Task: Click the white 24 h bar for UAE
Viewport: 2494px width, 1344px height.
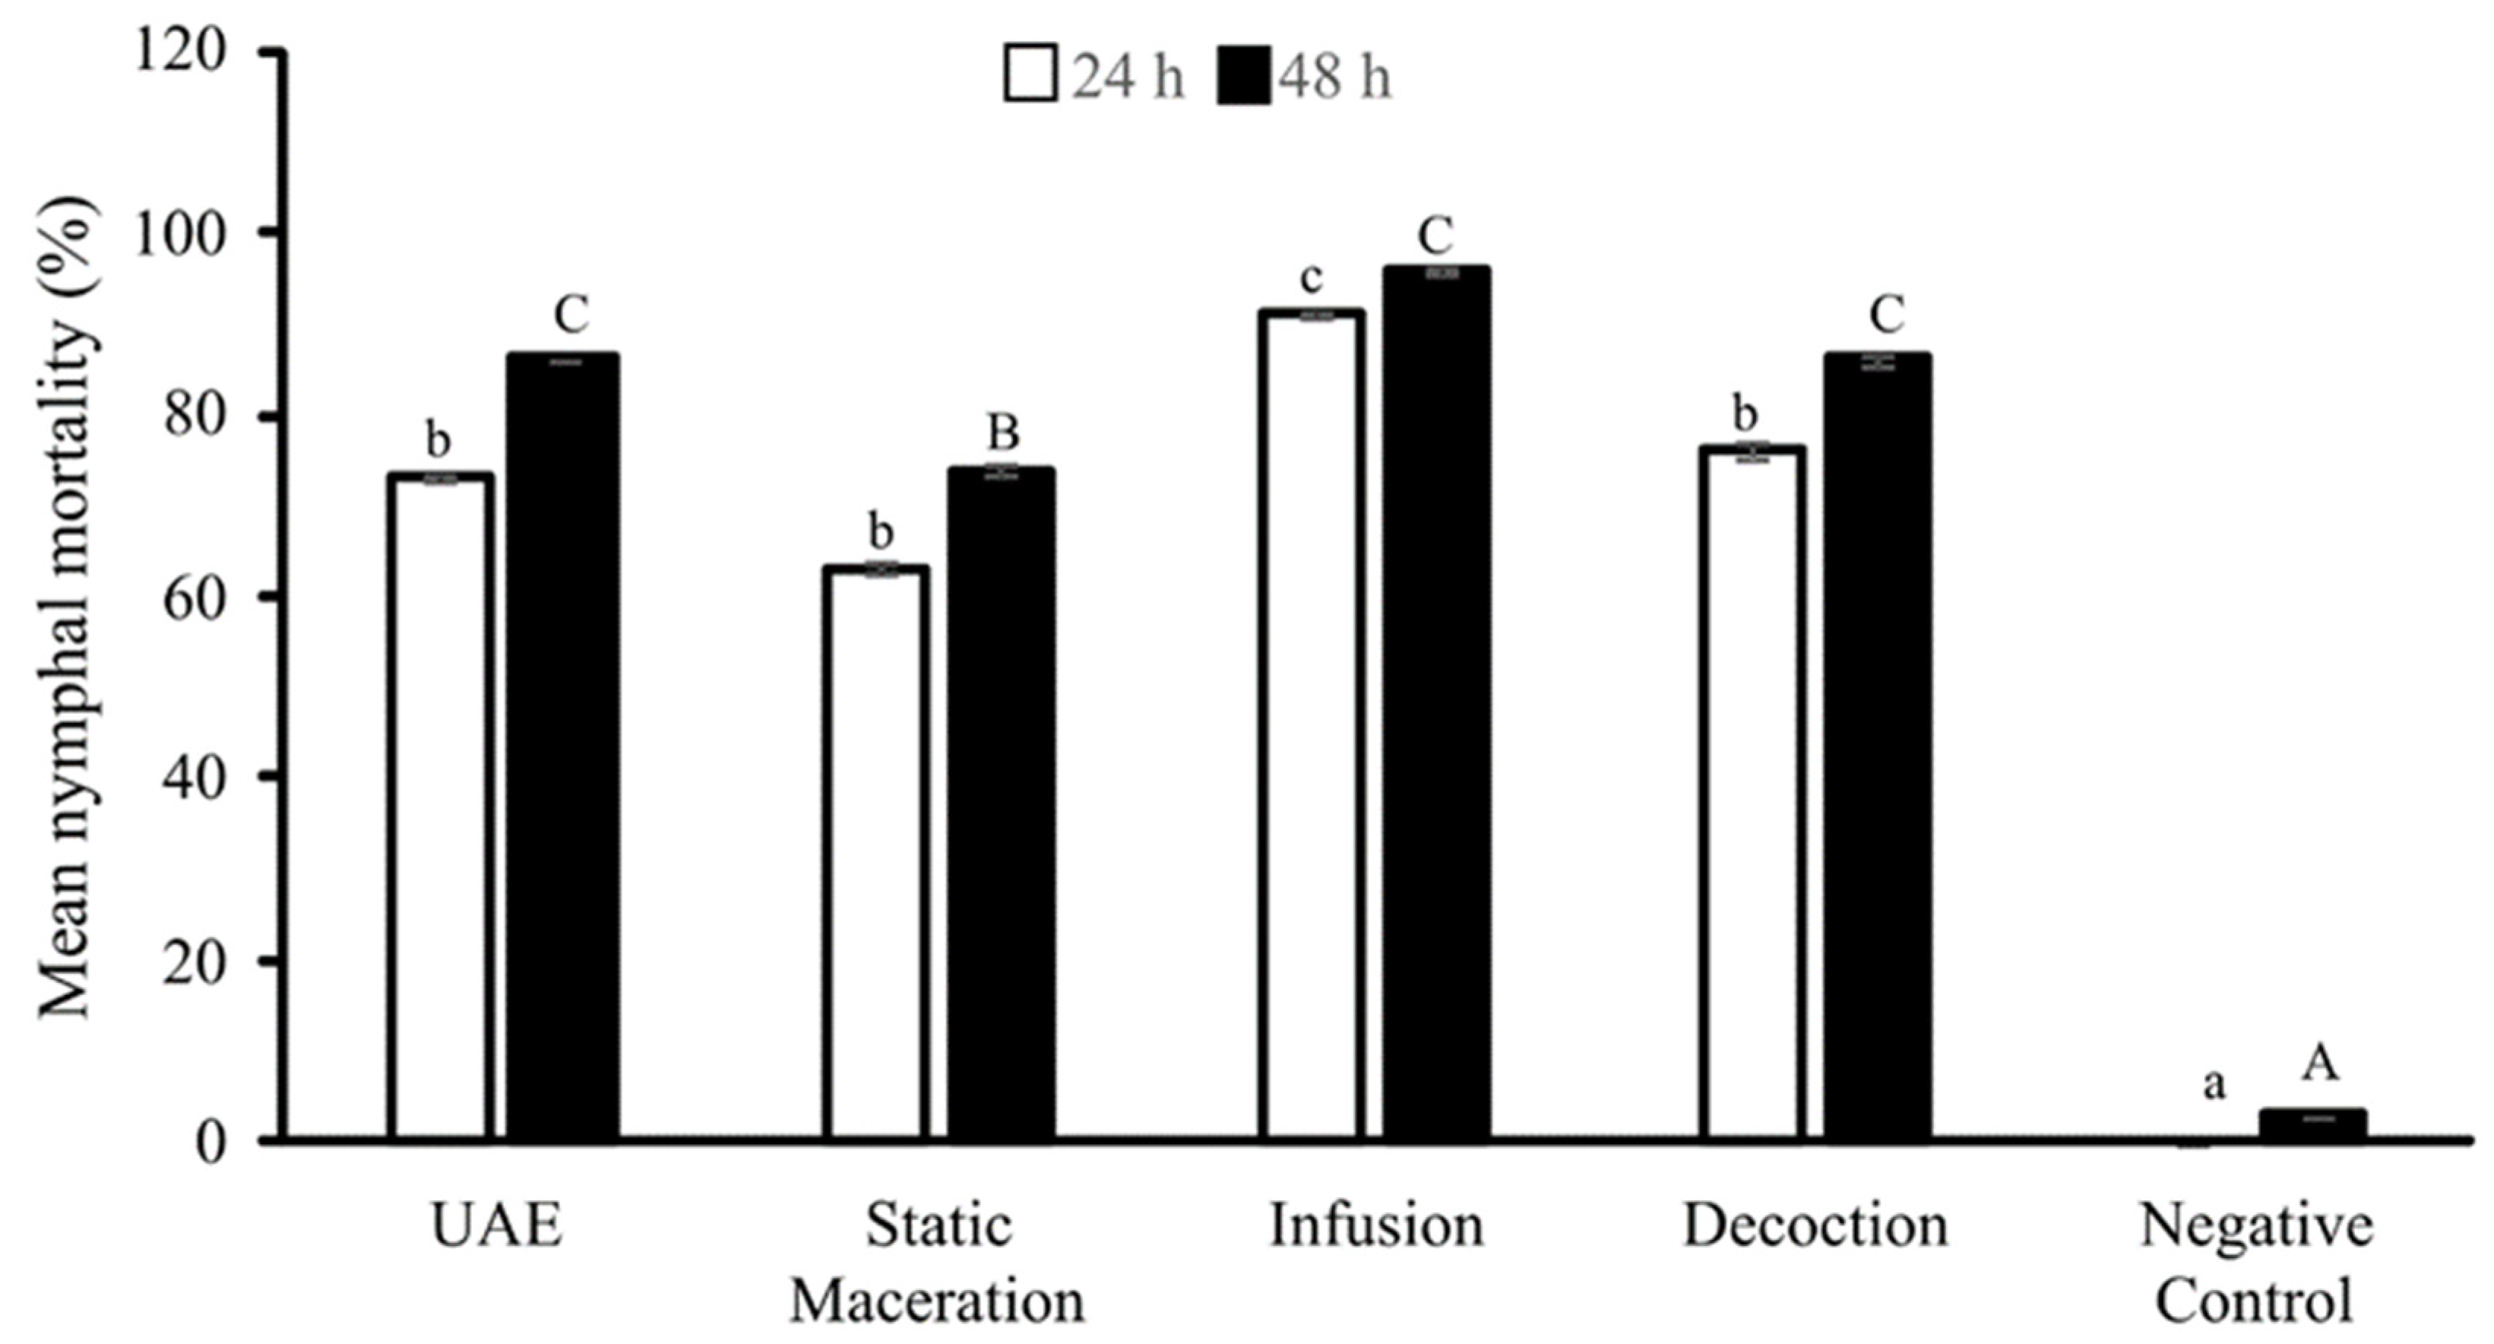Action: pyautogui.click(x=441, y=809)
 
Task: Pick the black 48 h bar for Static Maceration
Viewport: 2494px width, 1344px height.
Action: pyautogui.click(x=1001, y=804)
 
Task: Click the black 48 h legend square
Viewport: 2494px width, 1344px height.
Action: pyautogui.click(x=1243, y=75)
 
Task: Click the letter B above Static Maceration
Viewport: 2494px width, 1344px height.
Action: pyautogui.click(x=1003, y=432)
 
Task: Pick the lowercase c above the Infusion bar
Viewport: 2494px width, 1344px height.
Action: pyautogui.click(x=1311, y=278)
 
